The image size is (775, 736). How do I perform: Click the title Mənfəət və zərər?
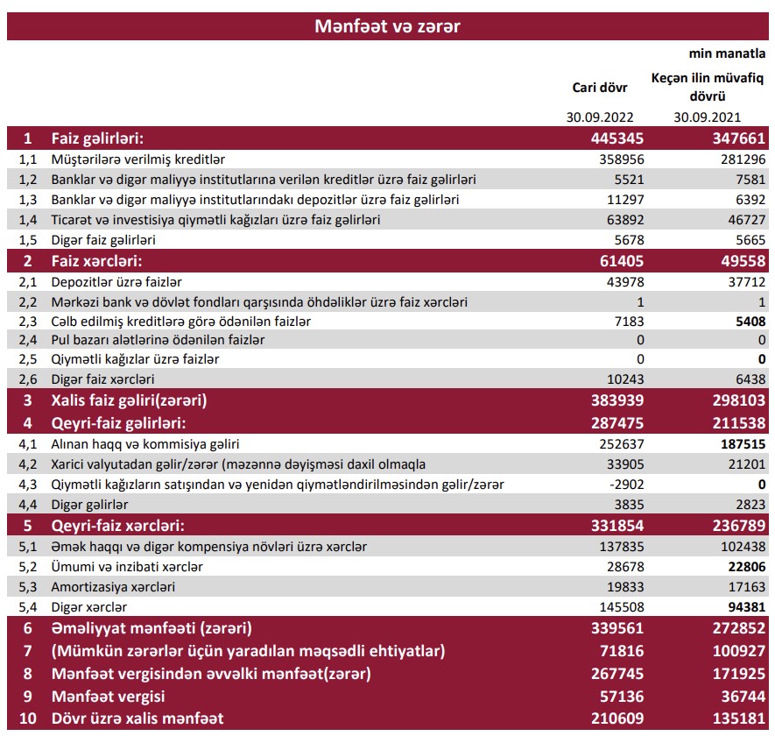[x=387, y=25]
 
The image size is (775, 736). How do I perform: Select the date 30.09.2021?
[x=707, y=117]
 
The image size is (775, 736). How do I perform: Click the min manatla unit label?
[x=728, y=54]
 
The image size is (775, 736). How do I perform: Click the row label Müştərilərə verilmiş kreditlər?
[x=138, y=159]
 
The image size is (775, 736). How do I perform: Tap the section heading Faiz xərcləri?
[x=96, y=260]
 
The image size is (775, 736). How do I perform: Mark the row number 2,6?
[x=28, y=379]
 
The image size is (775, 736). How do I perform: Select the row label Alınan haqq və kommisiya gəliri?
[x=145, y=444]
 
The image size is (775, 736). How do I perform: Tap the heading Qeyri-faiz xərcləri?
[x=119, y=526]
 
